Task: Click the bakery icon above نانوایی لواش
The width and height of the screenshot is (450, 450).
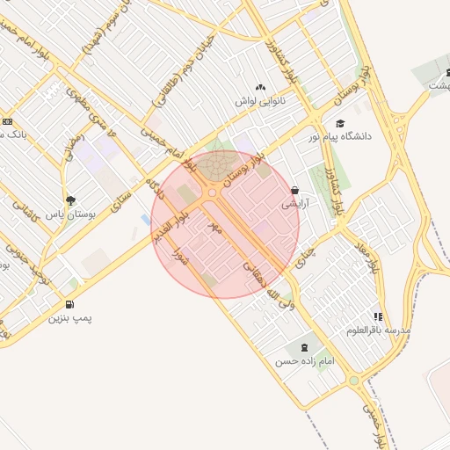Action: coord(260,88)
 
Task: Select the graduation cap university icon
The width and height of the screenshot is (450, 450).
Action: coord(340,124)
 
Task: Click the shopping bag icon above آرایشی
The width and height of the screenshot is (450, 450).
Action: coord(294,190)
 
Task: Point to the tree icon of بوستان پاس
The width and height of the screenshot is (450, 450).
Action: coord(70,200)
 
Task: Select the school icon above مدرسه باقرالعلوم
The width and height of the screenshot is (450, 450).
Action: coord(379,316)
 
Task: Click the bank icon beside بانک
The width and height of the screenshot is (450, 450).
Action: coord(7,121)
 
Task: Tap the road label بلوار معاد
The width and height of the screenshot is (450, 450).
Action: coord(374,261)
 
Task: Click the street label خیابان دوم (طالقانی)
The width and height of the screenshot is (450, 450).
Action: coord(172,72)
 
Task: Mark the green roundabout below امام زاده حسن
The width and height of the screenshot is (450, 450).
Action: coord(353,381)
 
